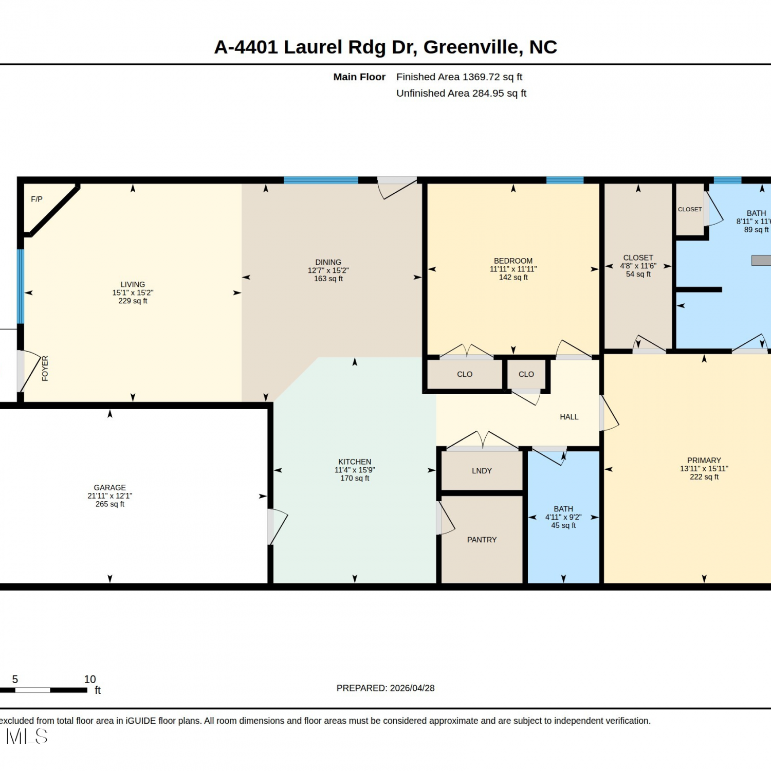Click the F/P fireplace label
coord(36,199)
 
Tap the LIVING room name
coord(133,284)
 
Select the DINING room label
coord(328,262)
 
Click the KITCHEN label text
coord(355,462)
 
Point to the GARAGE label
coord(109,487)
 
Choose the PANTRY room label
coord(482,540)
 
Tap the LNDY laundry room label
coord(482,471)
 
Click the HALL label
coord(569,417)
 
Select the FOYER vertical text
coord(45,368)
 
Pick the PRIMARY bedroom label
coord(704,461)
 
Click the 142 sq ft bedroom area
coord(513,278)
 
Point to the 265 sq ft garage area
coord(109,504)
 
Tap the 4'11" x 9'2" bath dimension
coord(563,517)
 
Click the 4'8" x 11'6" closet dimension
coord(638,266)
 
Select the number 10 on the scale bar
coord(90,680)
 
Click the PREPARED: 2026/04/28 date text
coord(385,688)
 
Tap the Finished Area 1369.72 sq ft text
coord(459,77)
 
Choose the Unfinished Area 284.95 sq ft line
coord(461,94)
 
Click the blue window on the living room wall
coord(21,286)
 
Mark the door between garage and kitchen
coord(277,527)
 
